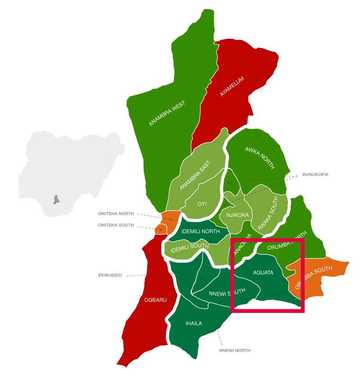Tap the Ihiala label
194,323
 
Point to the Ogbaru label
155,299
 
